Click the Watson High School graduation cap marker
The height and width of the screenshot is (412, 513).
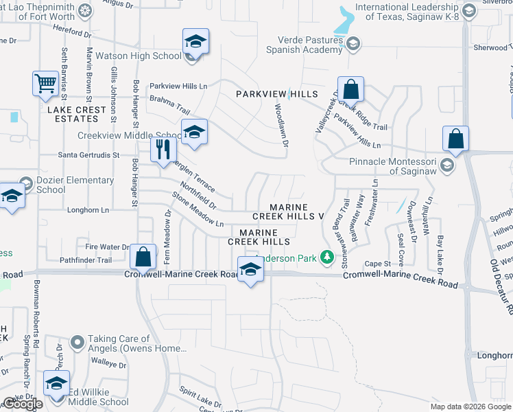[195, 42]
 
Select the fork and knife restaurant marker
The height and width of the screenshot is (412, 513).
[163, 149]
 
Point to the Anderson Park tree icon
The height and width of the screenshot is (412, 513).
[328, 257]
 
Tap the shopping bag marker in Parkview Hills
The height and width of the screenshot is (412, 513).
[350, 89]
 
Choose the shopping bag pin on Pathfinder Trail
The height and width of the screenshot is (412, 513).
[143, 257]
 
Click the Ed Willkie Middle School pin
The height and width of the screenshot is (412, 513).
[56, 383]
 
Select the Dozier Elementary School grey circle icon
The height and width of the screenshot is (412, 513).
[26, 183]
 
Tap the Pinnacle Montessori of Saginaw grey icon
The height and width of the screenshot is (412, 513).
[447, 165]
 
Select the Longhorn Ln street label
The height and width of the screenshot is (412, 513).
[88, 209]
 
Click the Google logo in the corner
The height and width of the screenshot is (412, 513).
[23, 404]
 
